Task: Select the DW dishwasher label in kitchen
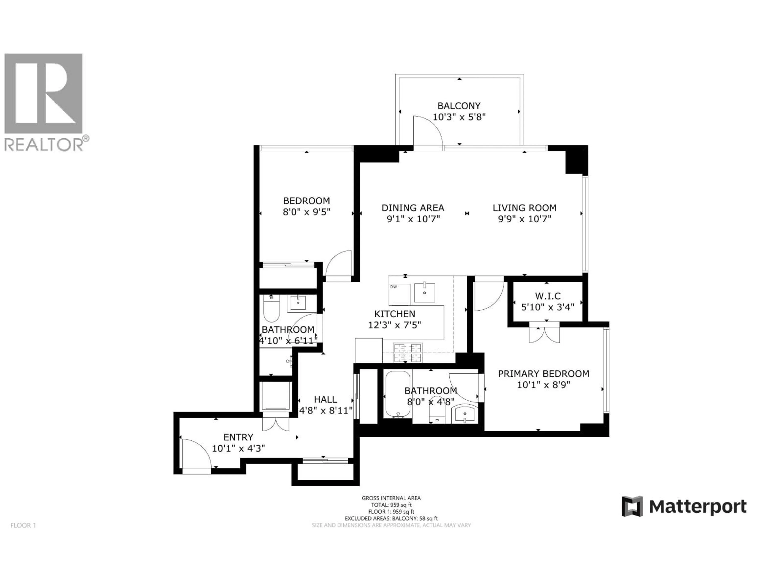point(394,287)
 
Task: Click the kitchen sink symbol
point(424,292)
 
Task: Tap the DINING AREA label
point(413,208)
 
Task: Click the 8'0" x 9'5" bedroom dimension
point(306,212)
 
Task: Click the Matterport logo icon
point(632,506)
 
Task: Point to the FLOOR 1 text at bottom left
point(23,525)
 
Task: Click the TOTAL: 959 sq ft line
point(391,505)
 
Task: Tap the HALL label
point(325,399)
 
